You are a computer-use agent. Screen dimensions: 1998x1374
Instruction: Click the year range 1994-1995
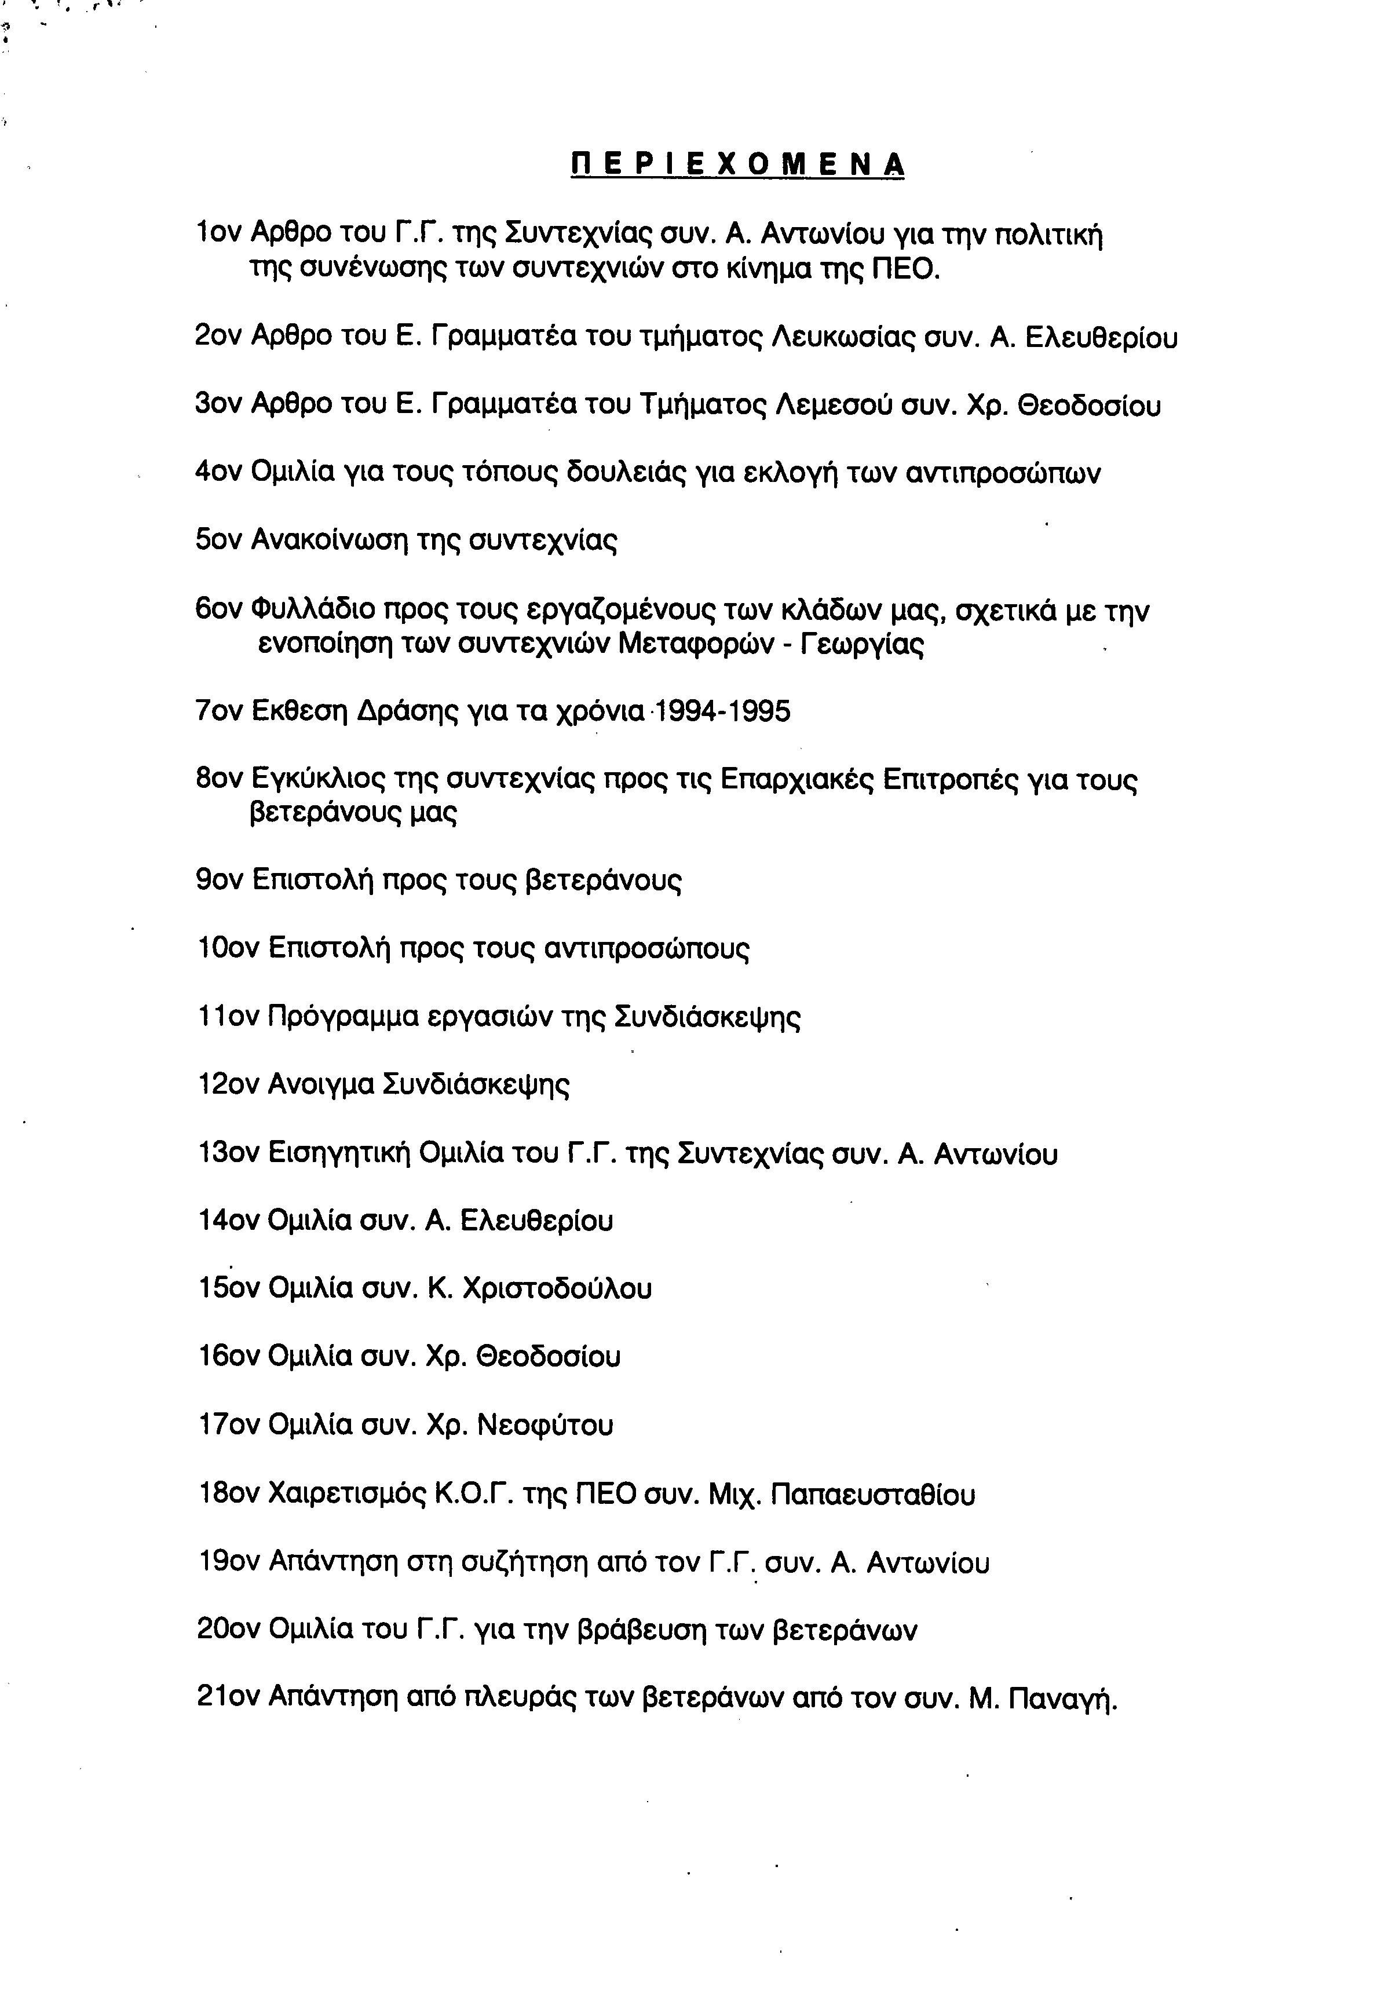[x=722, y=711]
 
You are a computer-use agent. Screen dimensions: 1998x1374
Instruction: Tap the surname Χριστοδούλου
[x=557, y=1289]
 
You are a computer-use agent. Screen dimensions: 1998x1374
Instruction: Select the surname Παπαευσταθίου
[x=873, y=1495]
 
